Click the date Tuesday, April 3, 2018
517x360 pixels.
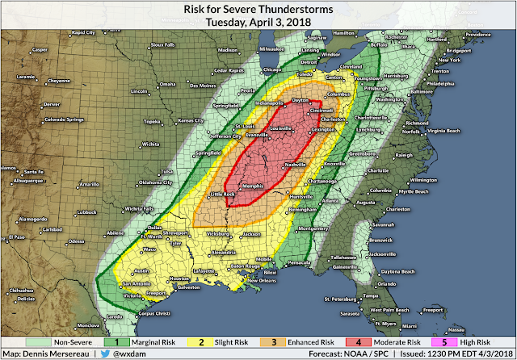pyautogui.click(x=258, y=21)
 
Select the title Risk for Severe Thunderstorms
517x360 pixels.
pyautogui.click(x=258, y=8)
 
